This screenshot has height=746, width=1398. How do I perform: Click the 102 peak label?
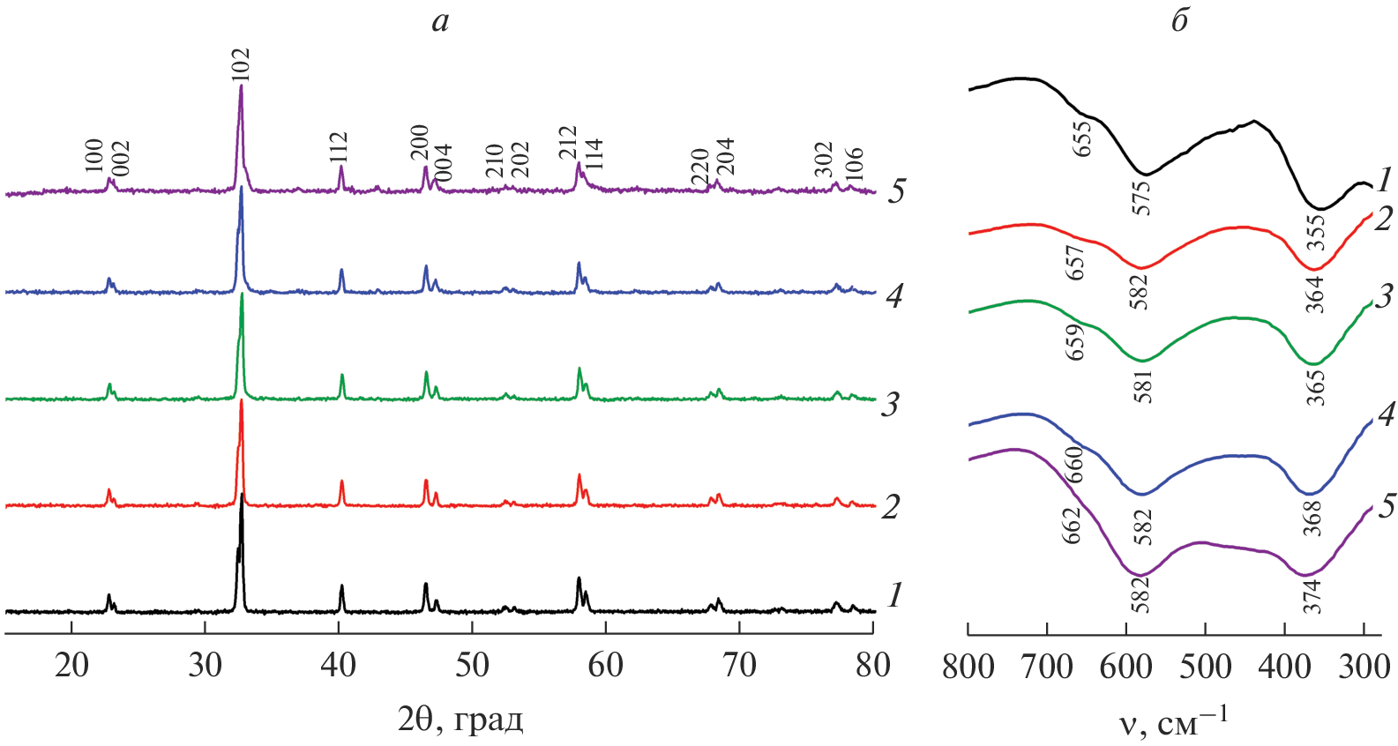(241, 65)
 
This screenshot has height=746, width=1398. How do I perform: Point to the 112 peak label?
(339, 147)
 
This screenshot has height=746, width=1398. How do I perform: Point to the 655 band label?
(1082, 138)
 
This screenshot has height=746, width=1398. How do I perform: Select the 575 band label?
(1143, 198)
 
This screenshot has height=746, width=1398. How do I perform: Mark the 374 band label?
(1313, 596)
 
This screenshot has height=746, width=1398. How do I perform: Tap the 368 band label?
(1313, 518)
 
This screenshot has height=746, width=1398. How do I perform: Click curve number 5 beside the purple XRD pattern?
(896, 191)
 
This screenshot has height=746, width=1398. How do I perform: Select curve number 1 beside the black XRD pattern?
(894, 596)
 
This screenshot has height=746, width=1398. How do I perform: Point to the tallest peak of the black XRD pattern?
(242, 496)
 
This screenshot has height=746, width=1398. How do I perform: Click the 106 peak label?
(854, 167)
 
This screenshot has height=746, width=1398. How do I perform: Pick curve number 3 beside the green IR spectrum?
(1383, 296)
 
